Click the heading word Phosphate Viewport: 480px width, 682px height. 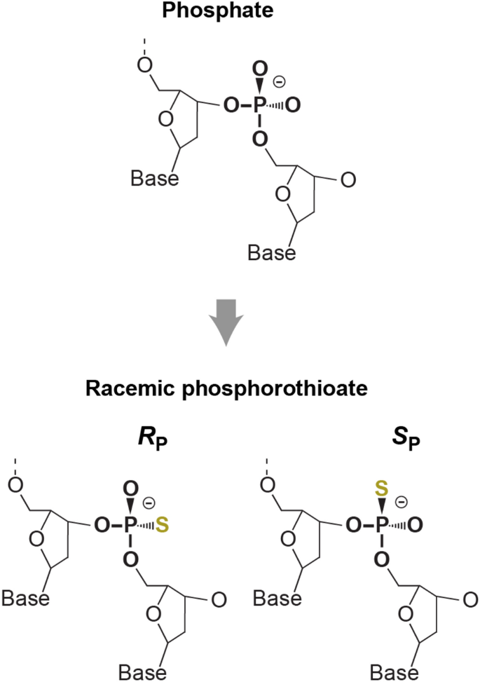coord(240,13)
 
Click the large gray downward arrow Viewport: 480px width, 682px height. coord(226,322)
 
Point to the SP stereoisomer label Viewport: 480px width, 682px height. coord(364,446)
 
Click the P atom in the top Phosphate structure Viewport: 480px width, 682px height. coord(259,106)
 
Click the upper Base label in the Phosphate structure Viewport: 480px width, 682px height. coord(155,179)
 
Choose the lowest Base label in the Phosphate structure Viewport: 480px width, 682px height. coord(271,251)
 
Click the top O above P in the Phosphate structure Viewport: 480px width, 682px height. coord(259,69)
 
